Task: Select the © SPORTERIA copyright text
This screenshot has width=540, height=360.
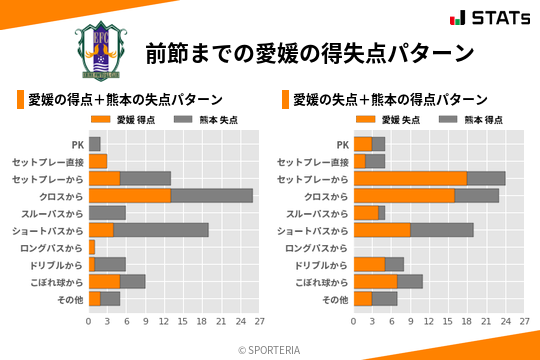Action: point(270,349)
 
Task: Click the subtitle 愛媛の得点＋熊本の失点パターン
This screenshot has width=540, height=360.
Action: point(124,99)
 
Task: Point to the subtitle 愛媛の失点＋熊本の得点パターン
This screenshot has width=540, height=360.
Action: point(390,99)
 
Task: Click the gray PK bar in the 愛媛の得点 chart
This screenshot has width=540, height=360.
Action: point(95,144)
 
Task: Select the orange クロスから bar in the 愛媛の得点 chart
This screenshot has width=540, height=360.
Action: point(130,195)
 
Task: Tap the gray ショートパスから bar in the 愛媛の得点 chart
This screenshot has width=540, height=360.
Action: point(161,229)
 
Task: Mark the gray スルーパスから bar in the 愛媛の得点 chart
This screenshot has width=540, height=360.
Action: point(107,212)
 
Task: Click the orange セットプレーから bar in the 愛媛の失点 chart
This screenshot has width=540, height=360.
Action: point(410,178)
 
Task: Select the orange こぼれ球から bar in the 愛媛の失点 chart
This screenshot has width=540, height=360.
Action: point(375,281)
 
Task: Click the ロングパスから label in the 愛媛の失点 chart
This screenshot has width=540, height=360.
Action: point(316,247)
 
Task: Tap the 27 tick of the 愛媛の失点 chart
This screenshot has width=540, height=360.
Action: point(523,321)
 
